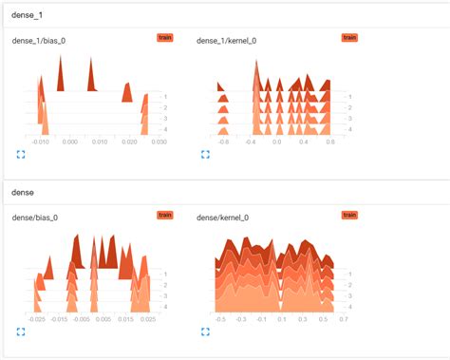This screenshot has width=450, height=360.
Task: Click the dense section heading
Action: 22,193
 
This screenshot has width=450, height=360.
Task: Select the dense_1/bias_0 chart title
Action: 39,40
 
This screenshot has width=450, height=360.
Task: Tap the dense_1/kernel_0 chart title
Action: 227,40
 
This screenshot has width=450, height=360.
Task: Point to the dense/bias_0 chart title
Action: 34,218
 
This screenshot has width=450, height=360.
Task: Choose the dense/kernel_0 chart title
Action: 222,218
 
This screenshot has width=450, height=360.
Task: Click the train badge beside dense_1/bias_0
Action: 164,37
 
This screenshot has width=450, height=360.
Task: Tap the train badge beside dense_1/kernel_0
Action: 349,37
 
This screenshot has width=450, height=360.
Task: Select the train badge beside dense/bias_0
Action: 164,216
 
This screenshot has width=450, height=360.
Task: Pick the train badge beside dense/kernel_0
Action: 349,216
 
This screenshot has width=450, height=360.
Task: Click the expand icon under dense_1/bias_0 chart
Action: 20,153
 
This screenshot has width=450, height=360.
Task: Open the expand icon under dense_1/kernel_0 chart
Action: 205,153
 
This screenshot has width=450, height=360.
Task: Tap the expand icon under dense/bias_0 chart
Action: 20,332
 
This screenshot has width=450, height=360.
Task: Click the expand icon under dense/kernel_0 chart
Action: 205,332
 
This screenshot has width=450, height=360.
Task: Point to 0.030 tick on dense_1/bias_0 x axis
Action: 158,141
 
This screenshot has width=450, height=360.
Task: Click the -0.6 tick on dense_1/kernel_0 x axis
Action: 224,141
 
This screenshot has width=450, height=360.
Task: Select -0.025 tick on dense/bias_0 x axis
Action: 37,319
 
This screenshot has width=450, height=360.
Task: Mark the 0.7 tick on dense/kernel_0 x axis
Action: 343,319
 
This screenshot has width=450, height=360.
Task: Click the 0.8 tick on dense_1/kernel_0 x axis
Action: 329,141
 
